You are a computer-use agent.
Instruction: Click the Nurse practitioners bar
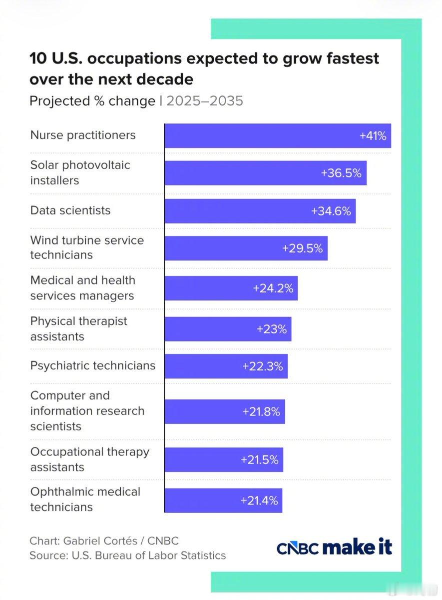click(x=278, y=135)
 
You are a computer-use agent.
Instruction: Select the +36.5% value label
click(x=341, y=173)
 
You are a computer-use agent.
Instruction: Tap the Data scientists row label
click(x=70, y=210)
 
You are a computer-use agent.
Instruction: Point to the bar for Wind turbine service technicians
click(x=246, y=248)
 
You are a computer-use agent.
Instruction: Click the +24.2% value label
click(x=273, y=288)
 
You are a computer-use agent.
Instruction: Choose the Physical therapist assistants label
click(x=79, y=328)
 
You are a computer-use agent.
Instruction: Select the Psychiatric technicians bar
click(x=226, y=366)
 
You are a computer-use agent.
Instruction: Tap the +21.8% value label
click(x=261, y=411)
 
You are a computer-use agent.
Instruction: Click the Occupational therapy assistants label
click(x=89, y=459)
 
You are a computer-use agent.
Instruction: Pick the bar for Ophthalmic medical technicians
click(x=223, y=500)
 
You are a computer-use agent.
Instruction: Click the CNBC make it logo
click(x=334, y=546)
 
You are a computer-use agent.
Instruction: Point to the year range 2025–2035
click(x=205, y=101)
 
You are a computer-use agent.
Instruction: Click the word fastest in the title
click(x=353, y=58)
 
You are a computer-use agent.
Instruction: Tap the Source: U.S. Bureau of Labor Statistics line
click(x=128, y=555)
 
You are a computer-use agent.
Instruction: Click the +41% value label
click(x=373, y=136)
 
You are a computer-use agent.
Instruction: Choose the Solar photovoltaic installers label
click(x=80, y=172)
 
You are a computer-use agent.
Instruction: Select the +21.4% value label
click(x=259, y=500)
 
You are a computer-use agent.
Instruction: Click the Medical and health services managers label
click(x=83, y=288)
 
